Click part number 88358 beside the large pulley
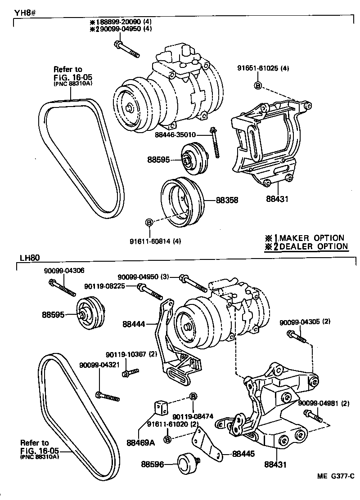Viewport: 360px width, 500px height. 227,200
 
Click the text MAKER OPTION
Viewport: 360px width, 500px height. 311,238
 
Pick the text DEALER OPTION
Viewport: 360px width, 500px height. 314,246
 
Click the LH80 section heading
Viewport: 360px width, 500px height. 30,258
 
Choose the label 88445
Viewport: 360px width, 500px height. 243,454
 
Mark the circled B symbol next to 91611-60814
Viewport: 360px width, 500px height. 149,222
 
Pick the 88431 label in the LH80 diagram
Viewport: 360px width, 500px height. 276,464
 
